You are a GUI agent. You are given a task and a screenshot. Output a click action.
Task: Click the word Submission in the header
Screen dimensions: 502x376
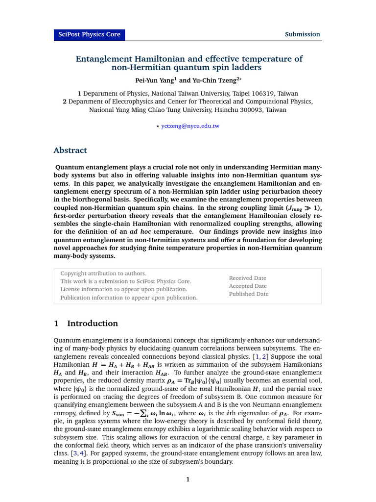point(303,34)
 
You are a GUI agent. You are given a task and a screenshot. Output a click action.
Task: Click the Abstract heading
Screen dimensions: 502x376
point(70,151)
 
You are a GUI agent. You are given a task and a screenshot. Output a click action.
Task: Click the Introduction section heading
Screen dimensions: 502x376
point(92,324)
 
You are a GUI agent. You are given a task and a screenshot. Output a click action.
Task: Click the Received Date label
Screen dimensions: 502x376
point(247,278)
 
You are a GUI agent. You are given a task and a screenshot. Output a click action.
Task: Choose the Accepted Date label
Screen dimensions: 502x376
point(248,286)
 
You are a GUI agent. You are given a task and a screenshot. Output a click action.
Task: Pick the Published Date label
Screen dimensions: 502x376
point(249,294)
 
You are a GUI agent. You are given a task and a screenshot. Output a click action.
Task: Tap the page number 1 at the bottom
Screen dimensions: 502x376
point(188,479)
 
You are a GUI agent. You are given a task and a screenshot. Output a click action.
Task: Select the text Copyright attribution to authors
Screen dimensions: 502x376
point(103,273)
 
